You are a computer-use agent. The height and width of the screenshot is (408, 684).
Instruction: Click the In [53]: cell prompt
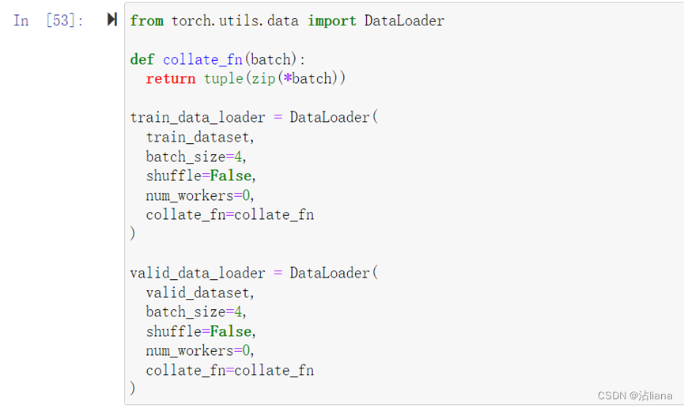coord(48,21)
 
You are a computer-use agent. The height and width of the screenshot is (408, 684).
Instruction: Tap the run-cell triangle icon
coord(112,20)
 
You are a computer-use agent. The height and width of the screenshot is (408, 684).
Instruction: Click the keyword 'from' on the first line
coord(146,21)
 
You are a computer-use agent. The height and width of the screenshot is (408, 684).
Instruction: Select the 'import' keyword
coord(331,21)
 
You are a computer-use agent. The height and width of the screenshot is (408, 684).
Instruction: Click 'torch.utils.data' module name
coord(235,21)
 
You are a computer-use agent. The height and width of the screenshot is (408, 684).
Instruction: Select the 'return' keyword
coord(170,78)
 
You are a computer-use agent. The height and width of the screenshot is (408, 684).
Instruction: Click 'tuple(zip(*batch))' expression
coord(274,78)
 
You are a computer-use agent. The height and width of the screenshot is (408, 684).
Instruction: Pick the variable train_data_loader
coord(198,117)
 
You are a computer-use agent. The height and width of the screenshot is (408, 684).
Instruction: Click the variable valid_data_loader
coord(198,273)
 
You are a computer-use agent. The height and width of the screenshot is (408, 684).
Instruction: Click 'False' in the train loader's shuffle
coord(230,176)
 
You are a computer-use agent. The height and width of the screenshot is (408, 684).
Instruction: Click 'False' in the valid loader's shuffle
coord(230,331)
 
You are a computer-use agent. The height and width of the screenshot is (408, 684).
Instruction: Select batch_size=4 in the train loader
coord(196,156)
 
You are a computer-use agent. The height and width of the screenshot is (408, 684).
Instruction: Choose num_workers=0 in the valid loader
coord(200,350)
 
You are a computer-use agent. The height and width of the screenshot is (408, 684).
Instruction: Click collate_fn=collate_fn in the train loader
coord(229,214)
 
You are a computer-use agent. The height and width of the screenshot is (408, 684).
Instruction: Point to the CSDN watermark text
coord(635,395)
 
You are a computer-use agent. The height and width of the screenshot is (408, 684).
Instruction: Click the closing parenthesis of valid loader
coord(133,389)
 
